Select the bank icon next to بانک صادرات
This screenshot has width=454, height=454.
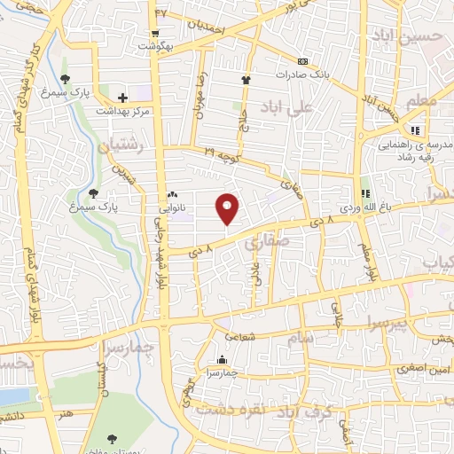[x=304, y=62]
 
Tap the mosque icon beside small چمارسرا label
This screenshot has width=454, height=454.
[x=222, y=360]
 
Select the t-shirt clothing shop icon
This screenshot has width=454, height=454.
[x=247, y=80]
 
